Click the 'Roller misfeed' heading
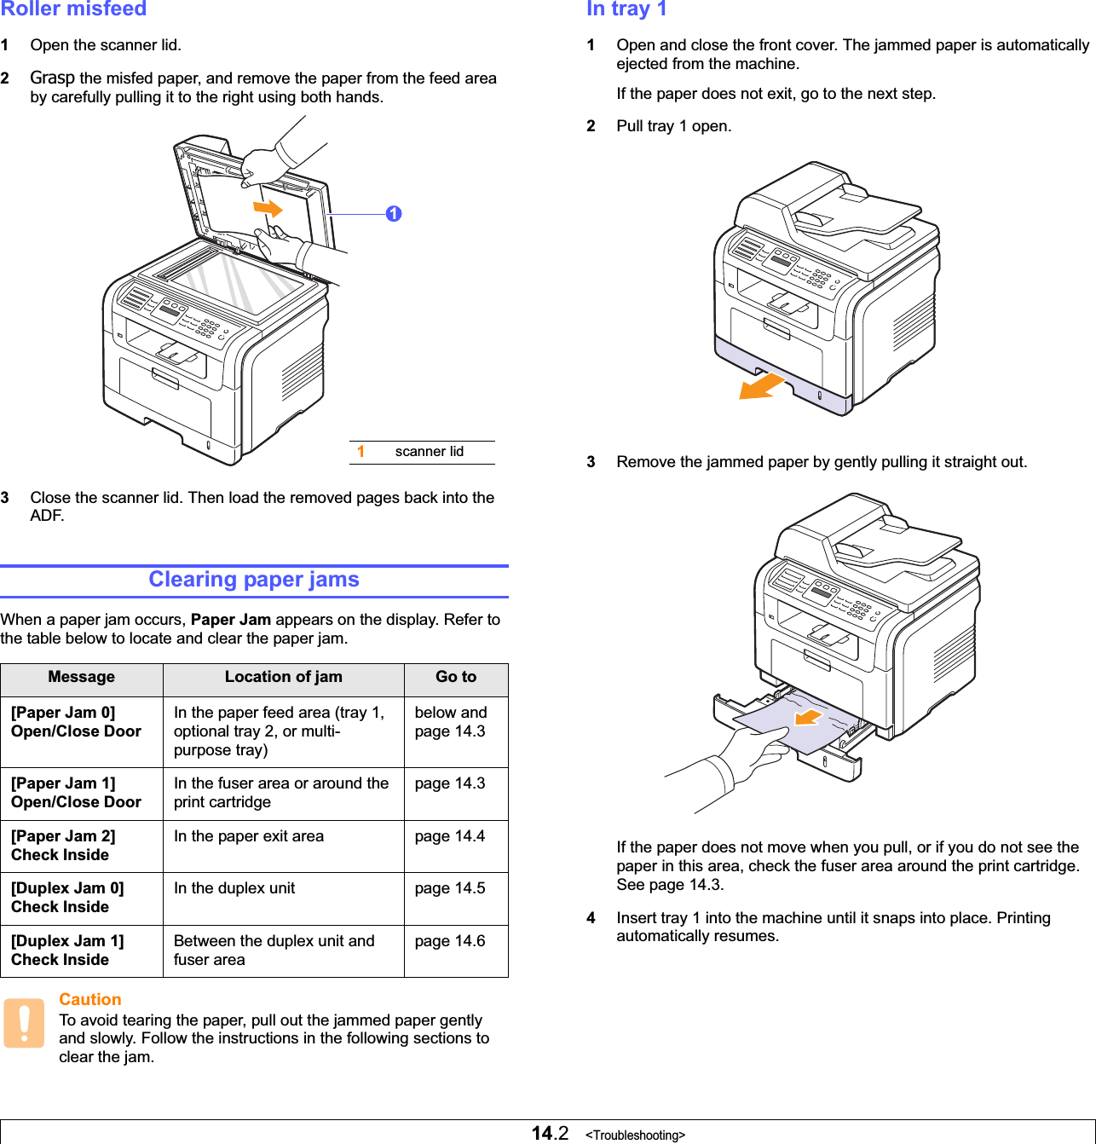pos(73,9)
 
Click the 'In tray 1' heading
pos(626,9)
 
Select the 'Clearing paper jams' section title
pos(254,580)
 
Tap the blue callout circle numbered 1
pos(393,214)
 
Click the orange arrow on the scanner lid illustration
pos(268,208)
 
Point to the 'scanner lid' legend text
pos(429,452)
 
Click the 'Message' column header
pos(81,677)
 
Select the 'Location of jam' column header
pos(283,677)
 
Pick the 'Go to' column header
pos(456,677)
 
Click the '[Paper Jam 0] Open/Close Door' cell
pos(77,722)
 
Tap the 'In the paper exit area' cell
pos(249,836)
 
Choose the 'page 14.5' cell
pos(450,888)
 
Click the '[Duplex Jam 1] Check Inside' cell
pos(67,950)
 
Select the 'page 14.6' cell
pos(450,941)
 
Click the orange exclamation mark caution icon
pos(24,1023)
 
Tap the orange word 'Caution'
pos(90,1000)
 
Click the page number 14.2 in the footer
pos(550,1133)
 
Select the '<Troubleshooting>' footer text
pos(635,1135)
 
